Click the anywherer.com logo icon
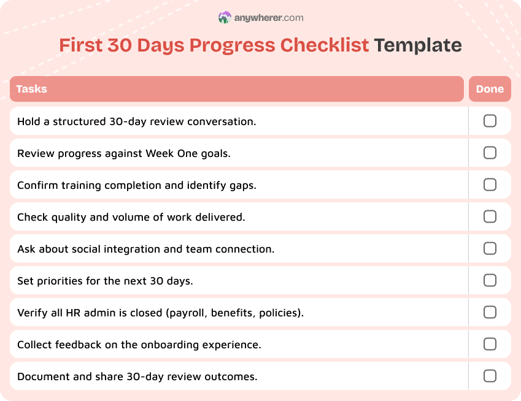(x=225, y=18)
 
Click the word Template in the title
(x=417, y=45)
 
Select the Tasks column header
(x=32, y=89)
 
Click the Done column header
(x=490, y=89)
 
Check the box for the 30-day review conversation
(x=490, y=121)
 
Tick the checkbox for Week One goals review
(x=490, y=153)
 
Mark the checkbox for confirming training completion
(x=490, y=185)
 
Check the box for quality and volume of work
(x=490, y=216)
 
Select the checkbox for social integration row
(x=490, y=248)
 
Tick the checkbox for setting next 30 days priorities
(x=490, y=280)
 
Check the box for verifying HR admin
(x=490, y=312)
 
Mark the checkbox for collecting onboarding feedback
(x=490, y=344)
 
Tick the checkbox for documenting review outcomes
(x=490, y=376)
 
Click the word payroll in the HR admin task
(x=188, y=313)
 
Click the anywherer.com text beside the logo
(x=269, y=18)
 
